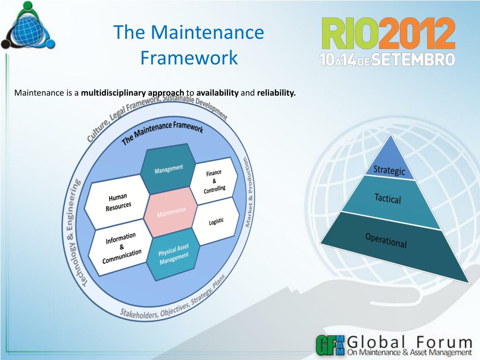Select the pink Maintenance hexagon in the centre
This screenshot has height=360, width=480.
pos(171,211)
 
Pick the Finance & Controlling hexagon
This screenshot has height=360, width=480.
pos(214,182)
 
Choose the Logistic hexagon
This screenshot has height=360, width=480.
pos(217,221)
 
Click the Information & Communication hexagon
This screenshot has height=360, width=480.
pos(121,248)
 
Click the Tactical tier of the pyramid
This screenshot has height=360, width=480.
pos(388,199)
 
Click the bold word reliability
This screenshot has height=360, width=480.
pos(276,92)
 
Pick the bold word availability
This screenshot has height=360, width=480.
pos(217,92)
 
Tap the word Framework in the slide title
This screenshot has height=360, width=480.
pos(189,58)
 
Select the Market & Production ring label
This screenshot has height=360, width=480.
pos(248,192)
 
